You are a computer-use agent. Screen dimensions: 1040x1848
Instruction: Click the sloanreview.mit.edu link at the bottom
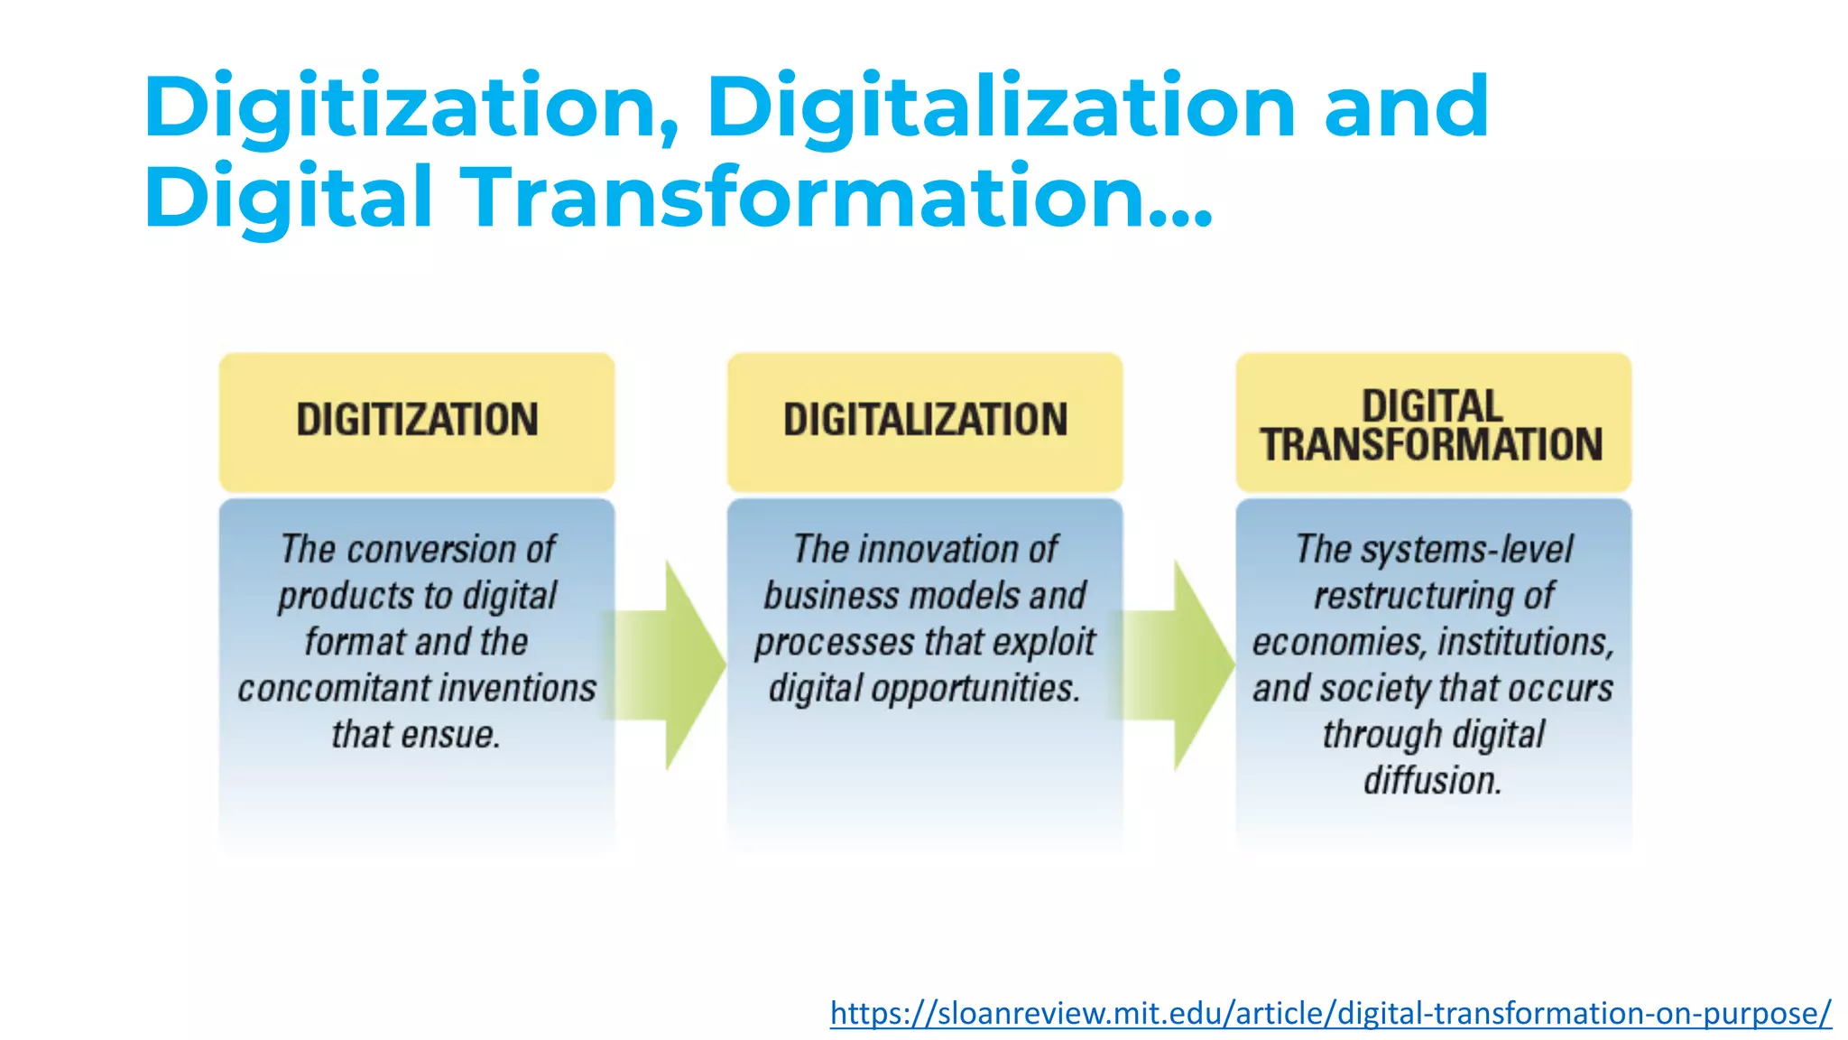pyautogui.click(x=1330, y=1013)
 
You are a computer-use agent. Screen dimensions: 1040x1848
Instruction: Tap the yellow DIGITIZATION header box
pyautogui.click(x=417, y=422)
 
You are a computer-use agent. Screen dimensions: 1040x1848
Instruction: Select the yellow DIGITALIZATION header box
pyautogui.click(x=925, y=422)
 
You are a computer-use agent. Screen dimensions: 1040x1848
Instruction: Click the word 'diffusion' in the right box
pyautogui.click(x=1431, y=780)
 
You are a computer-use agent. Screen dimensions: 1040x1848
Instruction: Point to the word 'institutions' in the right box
pyautogui.click(x=1525, y=642)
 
